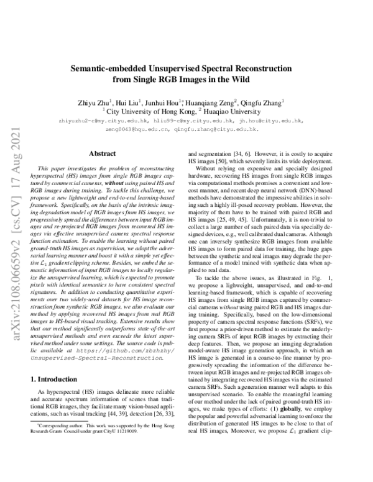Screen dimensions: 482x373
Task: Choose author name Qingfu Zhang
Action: click(x=263, y=102)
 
